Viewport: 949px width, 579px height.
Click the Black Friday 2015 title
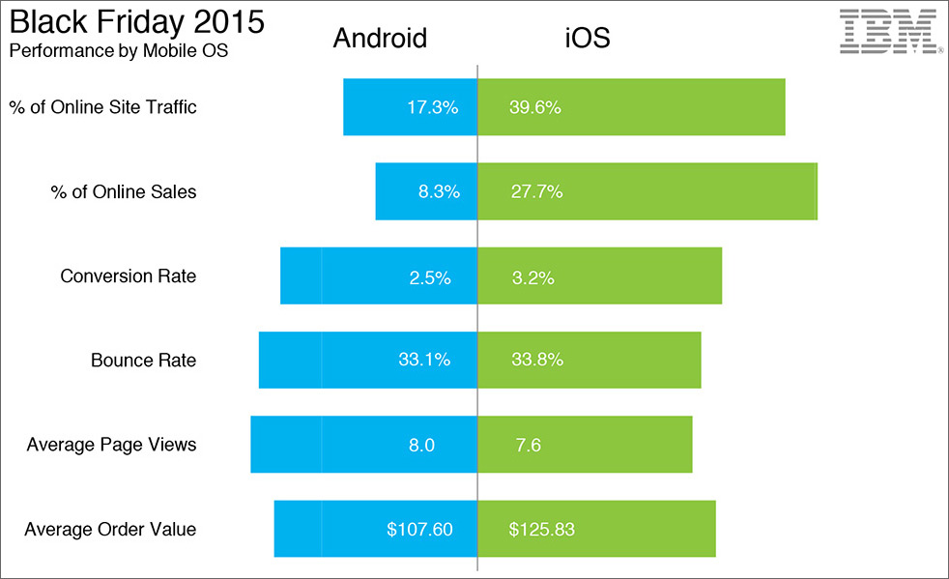point(136,22)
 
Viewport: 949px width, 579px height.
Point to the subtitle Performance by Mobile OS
point(118,50)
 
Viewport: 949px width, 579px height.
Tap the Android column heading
point(380,39)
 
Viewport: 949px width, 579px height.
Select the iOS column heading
point(588,39)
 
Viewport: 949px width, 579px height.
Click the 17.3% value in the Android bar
point(432,107)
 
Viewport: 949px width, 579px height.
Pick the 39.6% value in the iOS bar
point(535,107)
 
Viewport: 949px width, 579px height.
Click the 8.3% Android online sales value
point(439,191)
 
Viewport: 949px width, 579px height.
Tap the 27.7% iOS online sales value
point(536,191)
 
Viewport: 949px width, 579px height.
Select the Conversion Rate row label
point(128,276)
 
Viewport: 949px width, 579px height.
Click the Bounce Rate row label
point(143,361)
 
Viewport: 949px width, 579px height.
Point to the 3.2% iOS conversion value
point(532,277)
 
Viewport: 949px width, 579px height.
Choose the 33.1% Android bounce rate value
point(424,361)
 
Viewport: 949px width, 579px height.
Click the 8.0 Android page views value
point(421,445)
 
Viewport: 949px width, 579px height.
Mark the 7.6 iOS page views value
point(529,445)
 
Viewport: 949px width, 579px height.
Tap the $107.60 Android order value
point(419,529)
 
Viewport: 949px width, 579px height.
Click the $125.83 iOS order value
point(542,529)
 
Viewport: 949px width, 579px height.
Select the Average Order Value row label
point(110,529)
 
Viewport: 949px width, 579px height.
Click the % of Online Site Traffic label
point(103,107)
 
